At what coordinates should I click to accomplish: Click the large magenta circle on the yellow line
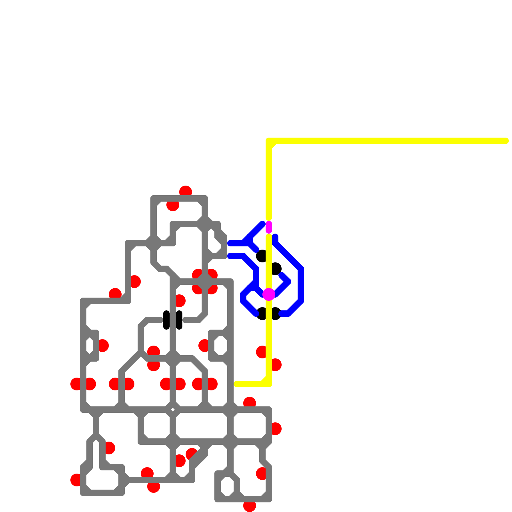[269, 294]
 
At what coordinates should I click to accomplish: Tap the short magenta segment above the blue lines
[269, 227]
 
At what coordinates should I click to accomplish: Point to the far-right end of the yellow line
[506, 141]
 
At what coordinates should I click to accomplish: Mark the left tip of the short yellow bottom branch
[236, 384]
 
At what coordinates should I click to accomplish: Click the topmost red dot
[186, 191]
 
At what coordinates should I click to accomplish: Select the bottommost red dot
[250, 506]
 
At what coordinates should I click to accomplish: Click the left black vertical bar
[166, 320]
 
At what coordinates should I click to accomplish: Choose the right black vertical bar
[179, 320]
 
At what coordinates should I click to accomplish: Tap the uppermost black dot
[261, 256]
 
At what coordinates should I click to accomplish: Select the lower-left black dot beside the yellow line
[262, 314]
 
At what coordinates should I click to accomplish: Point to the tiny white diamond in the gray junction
[173, 410]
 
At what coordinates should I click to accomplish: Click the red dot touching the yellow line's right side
[276, 365]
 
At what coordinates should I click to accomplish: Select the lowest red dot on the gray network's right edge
[261, 474]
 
